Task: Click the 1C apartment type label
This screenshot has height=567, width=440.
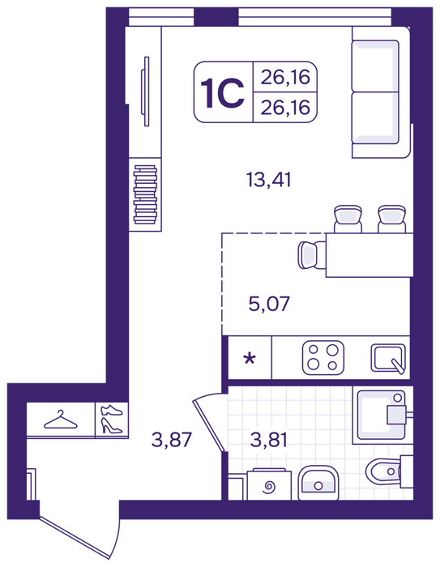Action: tap(222, 94)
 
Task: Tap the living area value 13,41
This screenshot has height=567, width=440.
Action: tap(268, 179)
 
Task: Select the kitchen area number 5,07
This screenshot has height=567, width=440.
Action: tap(269, 304)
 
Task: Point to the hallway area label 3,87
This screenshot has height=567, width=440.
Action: tap(171, 440)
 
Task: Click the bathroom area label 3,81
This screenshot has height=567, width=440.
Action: tap(268, 440)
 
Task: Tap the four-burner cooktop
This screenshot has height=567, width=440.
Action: tap(323, 357)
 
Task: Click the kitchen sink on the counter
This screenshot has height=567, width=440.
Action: tap(388, 358)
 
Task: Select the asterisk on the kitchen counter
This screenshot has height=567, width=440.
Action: tap(250, 359)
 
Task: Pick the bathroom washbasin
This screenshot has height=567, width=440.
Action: tap(318, 483)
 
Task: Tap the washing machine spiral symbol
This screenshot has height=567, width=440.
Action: tap(269, 487)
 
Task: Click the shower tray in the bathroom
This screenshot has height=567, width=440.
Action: tap(382, 415)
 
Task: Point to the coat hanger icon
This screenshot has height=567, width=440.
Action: tap(61, 420)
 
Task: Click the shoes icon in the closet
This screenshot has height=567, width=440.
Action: tap(112, 420)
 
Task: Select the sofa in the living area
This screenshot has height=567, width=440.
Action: tap(382, 92)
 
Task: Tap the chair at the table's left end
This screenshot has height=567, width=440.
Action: tap(312, 255)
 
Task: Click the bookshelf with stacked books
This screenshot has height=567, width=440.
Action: tap(145, 194)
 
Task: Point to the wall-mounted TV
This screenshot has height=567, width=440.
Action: tap(146, 91)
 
